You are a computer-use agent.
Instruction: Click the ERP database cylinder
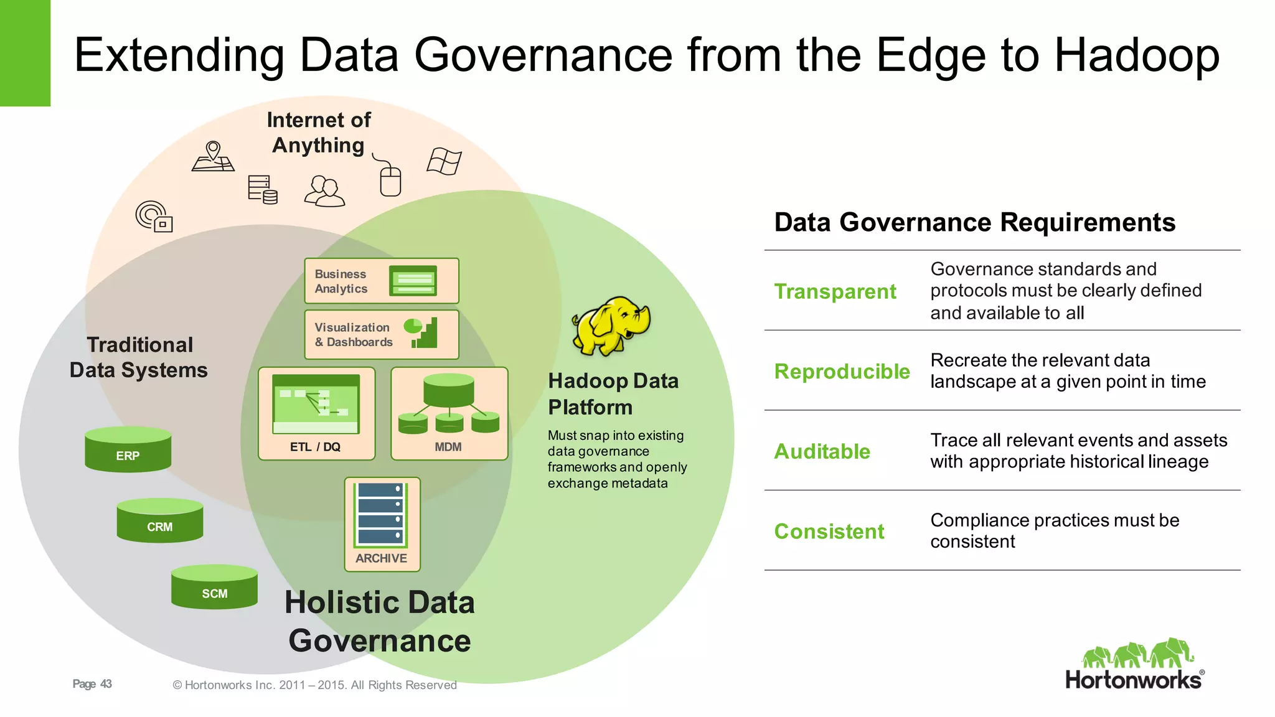tap(128, 449)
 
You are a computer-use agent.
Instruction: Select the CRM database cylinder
tap(159, 520)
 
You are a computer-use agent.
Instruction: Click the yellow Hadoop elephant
tap(611, 326)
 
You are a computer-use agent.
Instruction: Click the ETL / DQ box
tap(316, 413)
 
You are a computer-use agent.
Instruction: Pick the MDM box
tap(449, 413)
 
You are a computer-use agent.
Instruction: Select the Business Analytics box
tap(381, 281)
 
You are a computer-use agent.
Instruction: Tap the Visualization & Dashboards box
tap(381, 334)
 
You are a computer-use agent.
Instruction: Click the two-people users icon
tap(324, 191)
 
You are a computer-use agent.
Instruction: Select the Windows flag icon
tap(444, 161)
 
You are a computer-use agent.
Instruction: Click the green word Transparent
tap(835, 291)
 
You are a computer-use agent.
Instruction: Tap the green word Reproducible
tap(842, 372)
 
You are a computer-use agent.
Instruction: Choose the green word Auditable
tap(822, 451)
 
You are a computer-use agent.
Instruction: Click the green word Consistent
tap(829, 532)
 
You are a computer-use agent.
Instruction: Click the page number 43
tap(106, 684)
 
